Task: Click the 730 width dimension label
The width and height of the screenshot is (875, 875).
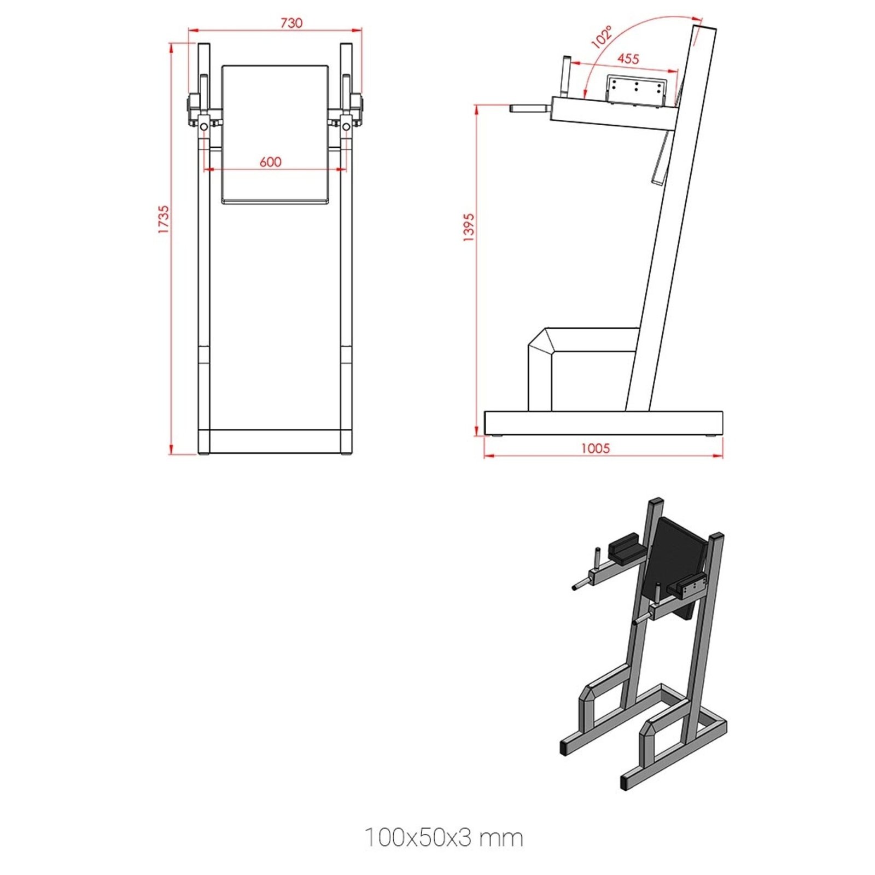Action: click(291, 23)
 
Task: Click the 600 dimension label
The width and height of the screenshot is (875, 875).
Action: click(270, 162)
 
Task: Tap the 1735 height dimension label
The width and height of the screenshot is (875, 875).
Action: click(164, 219)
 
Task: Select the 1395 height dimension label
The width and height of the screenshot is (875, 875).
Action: click(469, 227)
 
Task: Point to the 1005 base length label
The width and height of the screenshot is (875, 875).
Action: click(595, 448)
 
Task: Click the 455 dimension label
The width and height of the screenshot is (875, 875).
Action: click(628, 59)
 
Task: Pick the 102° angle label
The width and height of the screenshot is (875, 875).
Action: click(602, 37)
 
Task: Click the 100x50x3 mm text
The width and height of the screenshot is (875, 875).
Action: click(444, 837)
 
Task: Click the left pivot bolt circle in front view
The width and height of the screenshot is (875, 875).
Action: click(203, 127)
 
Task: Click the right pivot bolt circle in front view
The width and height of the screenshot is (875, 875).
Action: click(346, 127)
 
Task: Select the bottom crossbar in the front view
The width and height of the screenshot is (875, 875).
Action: click(275, 441)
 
